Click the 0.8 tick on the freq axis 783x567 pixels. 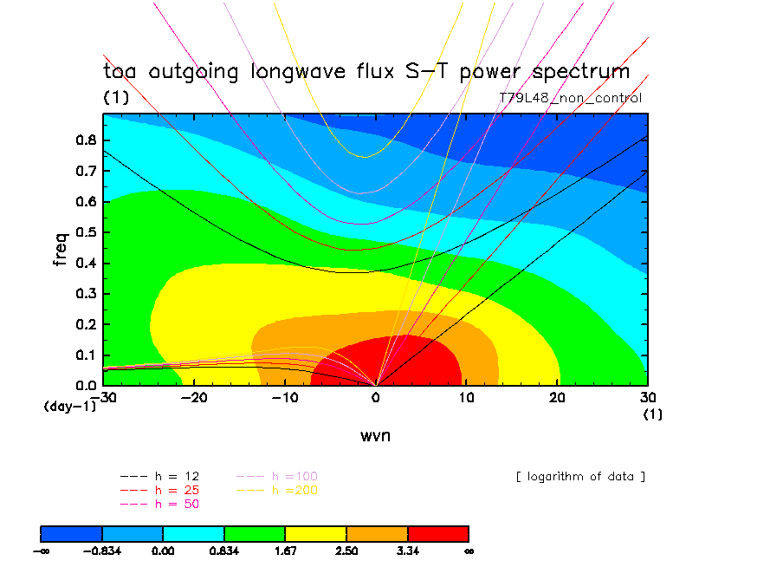point(88,140)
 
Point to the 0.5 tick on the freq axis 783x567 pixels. point(88,232)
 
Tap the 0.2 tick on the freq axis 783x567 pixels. point(88,323)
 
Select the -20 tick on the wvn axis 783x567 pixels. point(194,397)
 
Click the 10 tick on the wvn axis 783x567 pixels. point(466,397)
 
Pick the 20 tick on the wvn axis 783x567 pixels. point(557,397)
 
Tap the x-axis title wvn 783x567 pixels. point(375,435)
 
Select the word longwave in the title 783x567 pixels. point(300,72)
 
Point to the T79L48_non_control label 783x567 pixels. point(570,98)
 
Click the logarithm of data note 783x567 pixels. point(579,477)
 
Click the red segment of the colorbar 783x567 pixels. point(437,533)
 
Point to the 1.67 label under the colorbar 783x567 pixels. point(285,551)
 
